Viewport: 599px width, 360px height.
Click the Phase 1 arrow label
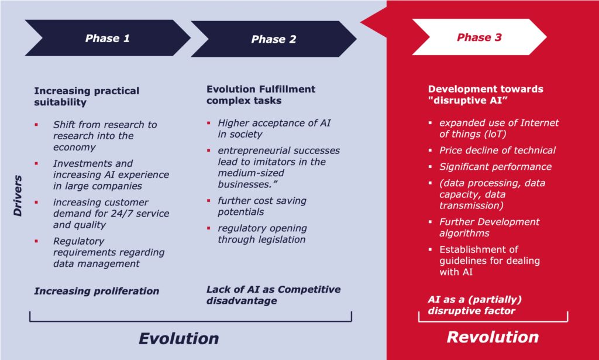[108, 38]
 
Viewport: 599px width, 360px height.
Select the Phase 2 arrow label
[274, 39]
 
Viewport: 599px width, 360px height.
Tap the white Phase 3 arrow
[479, 37]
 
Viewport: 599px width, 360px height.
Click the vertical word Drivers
[18, 196]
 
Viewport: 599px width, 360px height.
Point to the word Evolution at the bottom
[178, 338]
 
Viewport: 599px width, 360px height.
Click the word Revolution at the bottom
[493, 337]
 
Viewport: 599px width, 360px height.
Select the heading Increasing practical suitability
[87, 97]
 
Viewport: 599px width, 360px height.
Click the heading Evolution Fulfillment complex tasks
[261, 95]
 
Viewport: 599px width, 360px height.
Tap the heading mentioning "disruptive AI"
[486, 94]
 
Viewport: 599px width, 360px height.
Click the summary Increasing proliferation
[97, 291]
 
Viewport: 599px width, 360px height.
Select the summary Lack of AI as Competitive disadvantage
[273, 294]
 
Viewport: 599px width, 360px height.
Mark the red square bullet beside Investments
[36, 163]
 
